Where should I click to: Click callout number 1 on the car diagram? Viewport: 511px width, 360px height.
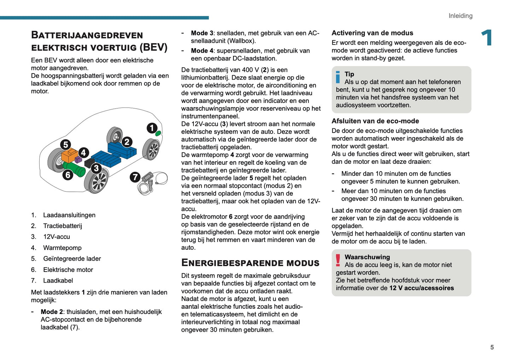point(152,128)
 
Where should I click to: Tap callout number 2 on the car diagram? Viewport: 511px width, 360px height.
point(127,142)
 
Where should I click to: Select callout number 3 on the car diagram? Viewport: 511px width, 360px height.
point(96,168)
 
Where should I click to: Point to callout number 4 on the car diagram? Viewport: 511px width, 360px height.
point(83,152)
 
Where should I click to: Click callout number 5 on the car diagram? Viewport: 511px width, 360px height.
point(65,144)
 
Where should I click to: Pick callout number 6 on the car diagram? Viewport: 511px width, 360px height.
point(68,174)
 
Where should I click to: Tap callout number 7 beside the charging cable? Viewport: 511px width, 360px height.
point(135,177)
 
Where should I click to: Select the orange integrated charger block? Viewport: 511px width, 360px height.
point(69,156)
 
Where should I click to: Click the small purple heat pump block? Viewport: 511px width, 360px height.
point(78,160)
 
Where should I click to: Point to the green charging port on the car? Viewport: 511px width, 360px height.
point(158,133)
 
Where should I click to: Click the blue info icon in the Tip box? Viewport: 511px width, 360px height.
point(338,77)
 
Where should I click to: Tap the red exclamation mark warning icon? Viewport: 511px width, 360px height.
point(338,260)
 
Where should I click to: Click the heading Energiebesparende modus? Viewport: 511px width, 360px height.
point(250,263)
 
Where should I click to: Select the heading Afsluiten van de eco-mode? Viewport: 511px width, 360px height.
point(375,121)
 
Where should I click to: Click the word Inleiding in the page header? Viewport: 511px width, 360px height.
point(460,16)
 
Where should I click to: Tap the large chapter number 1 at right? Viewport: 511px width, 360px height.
point(487,38)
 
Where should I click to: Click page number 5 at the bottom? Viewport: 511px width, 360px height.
point(492,347)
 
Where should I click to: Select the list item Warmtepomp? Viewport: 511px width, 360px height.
point(62,248)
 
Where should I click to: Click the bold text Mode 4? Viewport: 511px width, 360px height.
point(202,51)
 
